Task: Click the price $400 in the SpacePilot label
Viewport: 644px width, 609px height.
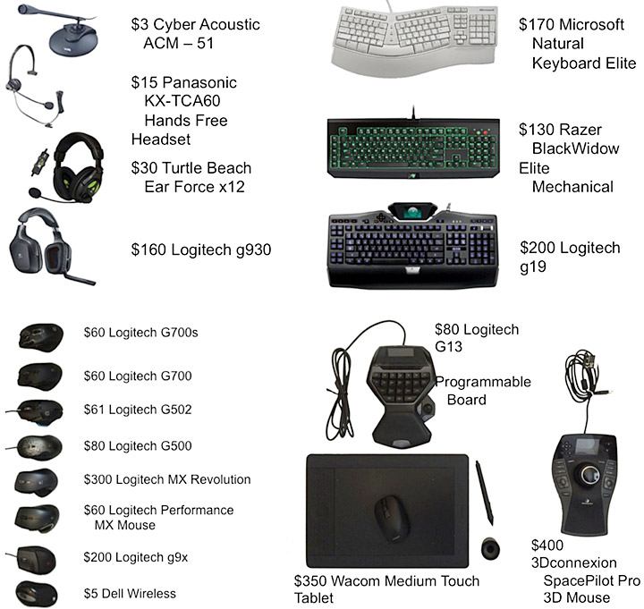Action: coord(547,545)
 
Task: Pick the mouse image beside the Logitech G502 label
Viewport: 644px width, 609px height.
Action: coord(39,410)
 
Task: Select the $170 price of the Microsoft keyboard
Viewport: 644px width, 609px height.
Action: coord(535,25)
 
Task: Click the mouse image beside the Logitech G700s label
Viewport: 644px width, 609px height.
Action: coord(39,336)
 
